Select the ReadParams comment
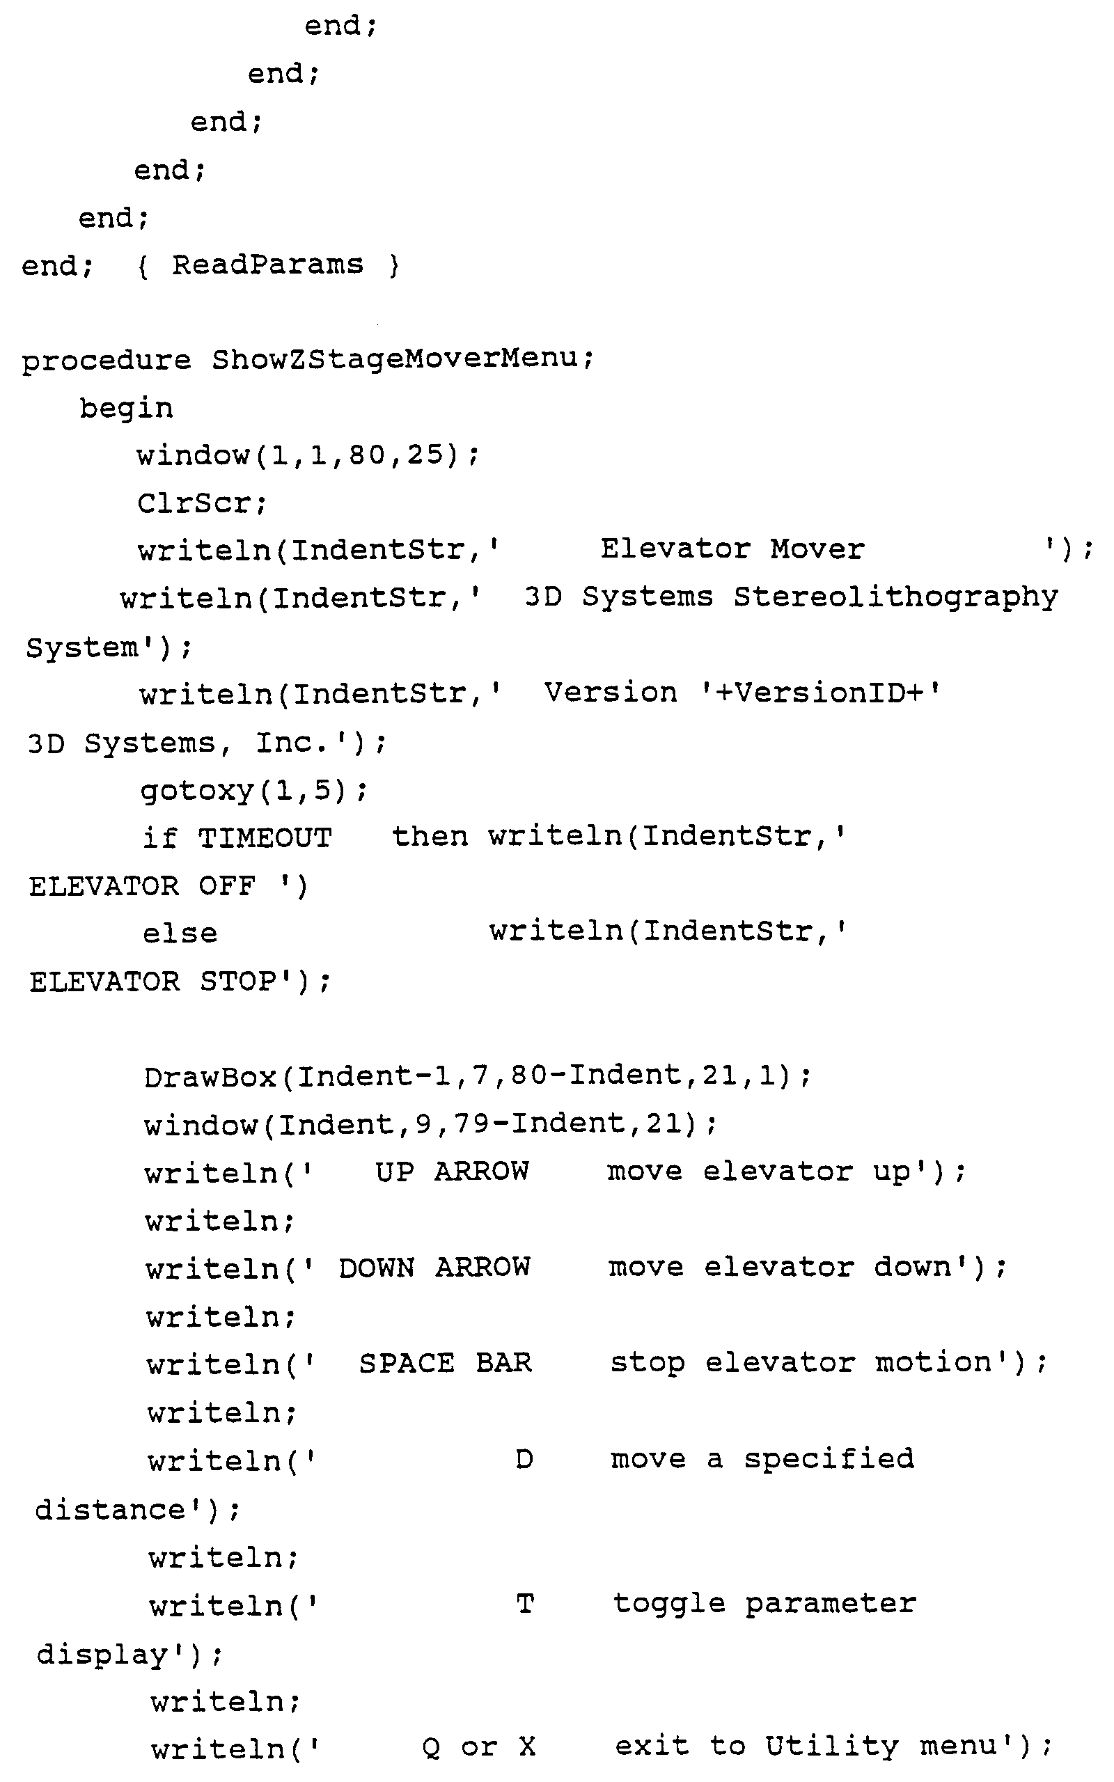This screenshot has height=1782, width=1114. coord(267,265)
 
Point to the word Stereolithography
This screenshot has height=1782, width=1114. coord(895,597)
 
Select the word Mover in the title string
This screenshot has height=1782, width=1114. coord(817,549)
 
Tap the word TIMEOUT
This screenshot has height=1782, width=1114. coord(265,838)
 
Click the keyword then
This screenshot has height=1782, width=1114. coord(430,837)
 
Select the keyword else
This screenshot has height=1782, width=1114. coord(180,933)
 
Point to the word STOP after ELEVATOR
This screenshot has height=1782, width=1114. coord(238,981)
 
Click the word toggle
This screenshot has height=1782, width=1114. coord(669,1604)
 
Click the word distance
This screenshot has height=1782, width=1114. coord(111,1509)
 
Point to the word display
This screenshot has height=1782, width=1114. coord(102,1654)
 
